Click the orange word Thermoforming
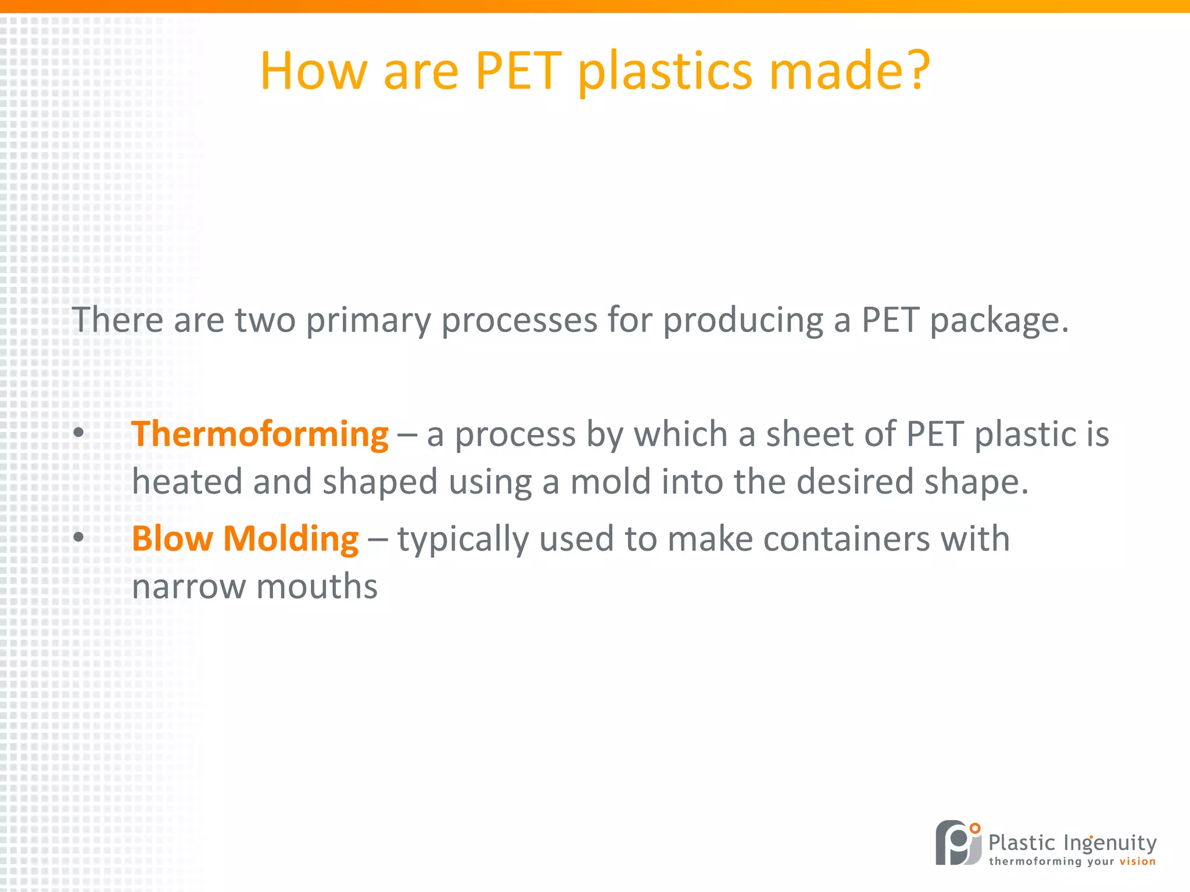pyautogui.click(x=260, y=434)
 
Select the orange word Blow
pyautogui.click(x=172, y=539)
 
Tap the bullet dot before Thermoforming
pyautogui.click(x=78, y=433)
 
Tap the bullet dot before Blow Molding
pyautogui.click(x=78, y=537)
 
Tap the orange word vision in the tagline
pyautogui.click(x=1137, y=861)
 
